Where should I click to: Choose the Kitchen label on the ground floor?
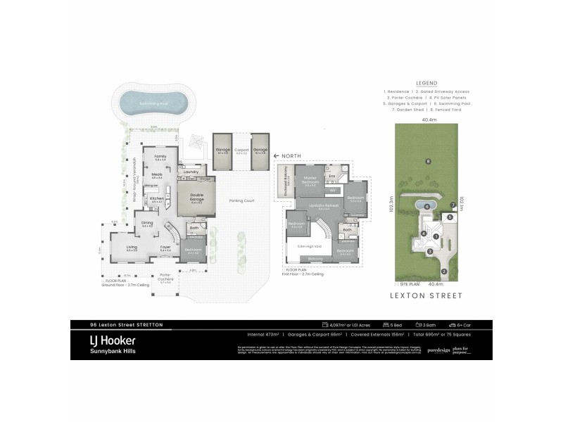(x=157, y=198)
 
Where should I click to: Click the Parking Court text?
(x=241, y=200)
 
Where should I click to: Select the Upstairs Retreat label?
(x=324, y=205)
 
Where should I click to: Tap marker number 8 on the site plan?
(x=428, y=162)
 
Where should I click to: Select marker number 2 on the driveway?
(x=444, y=270)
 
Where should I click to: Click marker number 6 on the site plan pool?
(x=428, y=205)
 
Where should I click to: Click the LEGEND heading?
(x=426, y=82)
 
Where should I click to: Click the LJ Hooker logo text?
(x=99, y=339)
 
